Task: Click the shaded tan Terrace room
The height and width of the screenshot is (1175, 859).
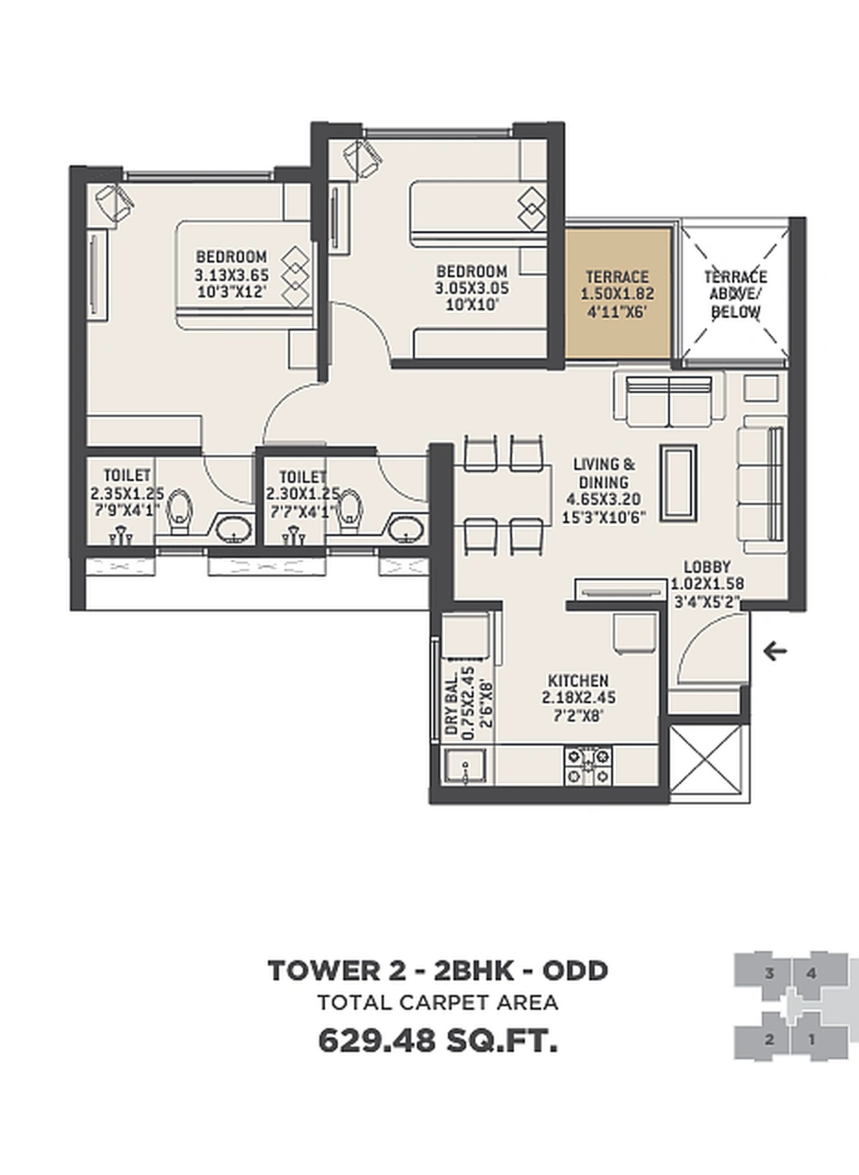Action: pyautogui.click(x=618, y=292)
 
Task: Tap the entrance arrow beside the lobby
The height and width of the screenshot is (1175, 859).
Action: pyautogui.click(x=775, y=652)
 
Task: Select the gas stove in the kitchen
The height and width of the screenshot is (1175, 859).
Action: pyautogui.click(x=587, y=766)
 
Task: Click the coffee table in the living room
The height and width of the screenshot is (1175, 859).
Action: pyautogui.click(x=679, y=483)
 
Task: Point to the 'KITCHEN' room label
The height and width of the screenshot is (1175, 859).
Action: pyautogui.click(x=578, y=680)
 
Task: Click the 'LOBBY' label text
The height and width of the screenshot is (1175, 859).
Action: pyautogui.click(x=707, y=566)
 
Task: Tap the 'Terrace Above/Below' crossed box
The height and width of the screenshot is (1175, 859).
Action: pyautogui.click(x=735, y=292)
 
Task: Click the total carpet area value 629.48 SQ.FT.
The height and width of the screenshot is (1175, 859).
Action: pyautogui.click(x=438, y=1042)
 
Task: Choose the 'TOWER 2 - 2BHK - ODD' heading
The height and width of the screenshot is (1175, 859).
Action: pyautogui.click(x=438, y=970)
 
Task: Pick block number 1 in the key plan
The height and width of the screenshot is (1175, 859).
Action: pyautogui.click(x=811, y=1040)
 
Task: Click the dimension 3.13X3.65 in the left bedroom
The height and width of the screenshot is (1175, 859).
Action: pyautogui.click(x=231, y=274)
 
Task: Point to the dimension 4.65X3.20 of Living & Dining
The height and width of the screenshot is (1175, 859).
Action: pyautogui.click(x=603, y=499)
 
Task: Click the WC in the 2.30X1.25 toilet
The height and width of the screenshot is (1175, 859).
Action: pyautogui.click(x=349, y=511)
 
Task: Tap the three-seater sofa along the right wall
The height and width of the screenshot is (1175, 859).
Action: pyautogui.click(x=762, y=484)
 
